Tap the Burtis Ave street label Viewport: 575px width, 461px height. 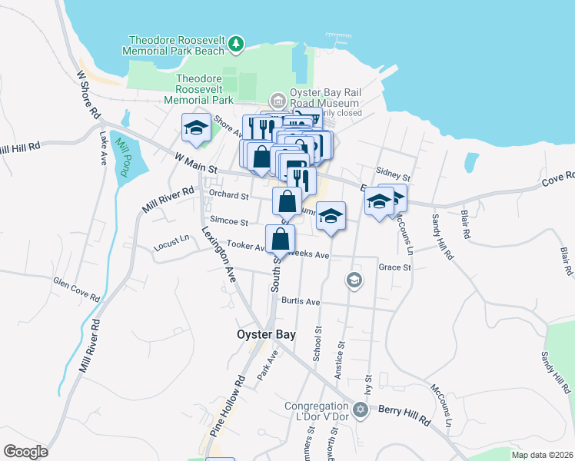300,301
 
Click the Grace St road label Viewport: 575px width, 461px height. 395,267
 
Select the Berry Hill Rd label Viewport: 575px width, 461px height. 404,415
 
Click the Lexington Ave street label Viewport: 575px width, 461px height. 218,251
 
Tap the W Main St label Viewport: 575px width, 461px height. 196,162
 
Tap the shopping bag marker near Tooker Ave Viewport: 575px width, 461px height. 281,238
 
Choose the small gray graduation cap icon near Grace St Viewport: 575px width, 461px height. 354,280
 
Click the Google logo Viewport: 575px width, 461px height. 25,452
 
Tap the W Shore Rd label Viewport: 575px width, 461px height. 88,94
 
